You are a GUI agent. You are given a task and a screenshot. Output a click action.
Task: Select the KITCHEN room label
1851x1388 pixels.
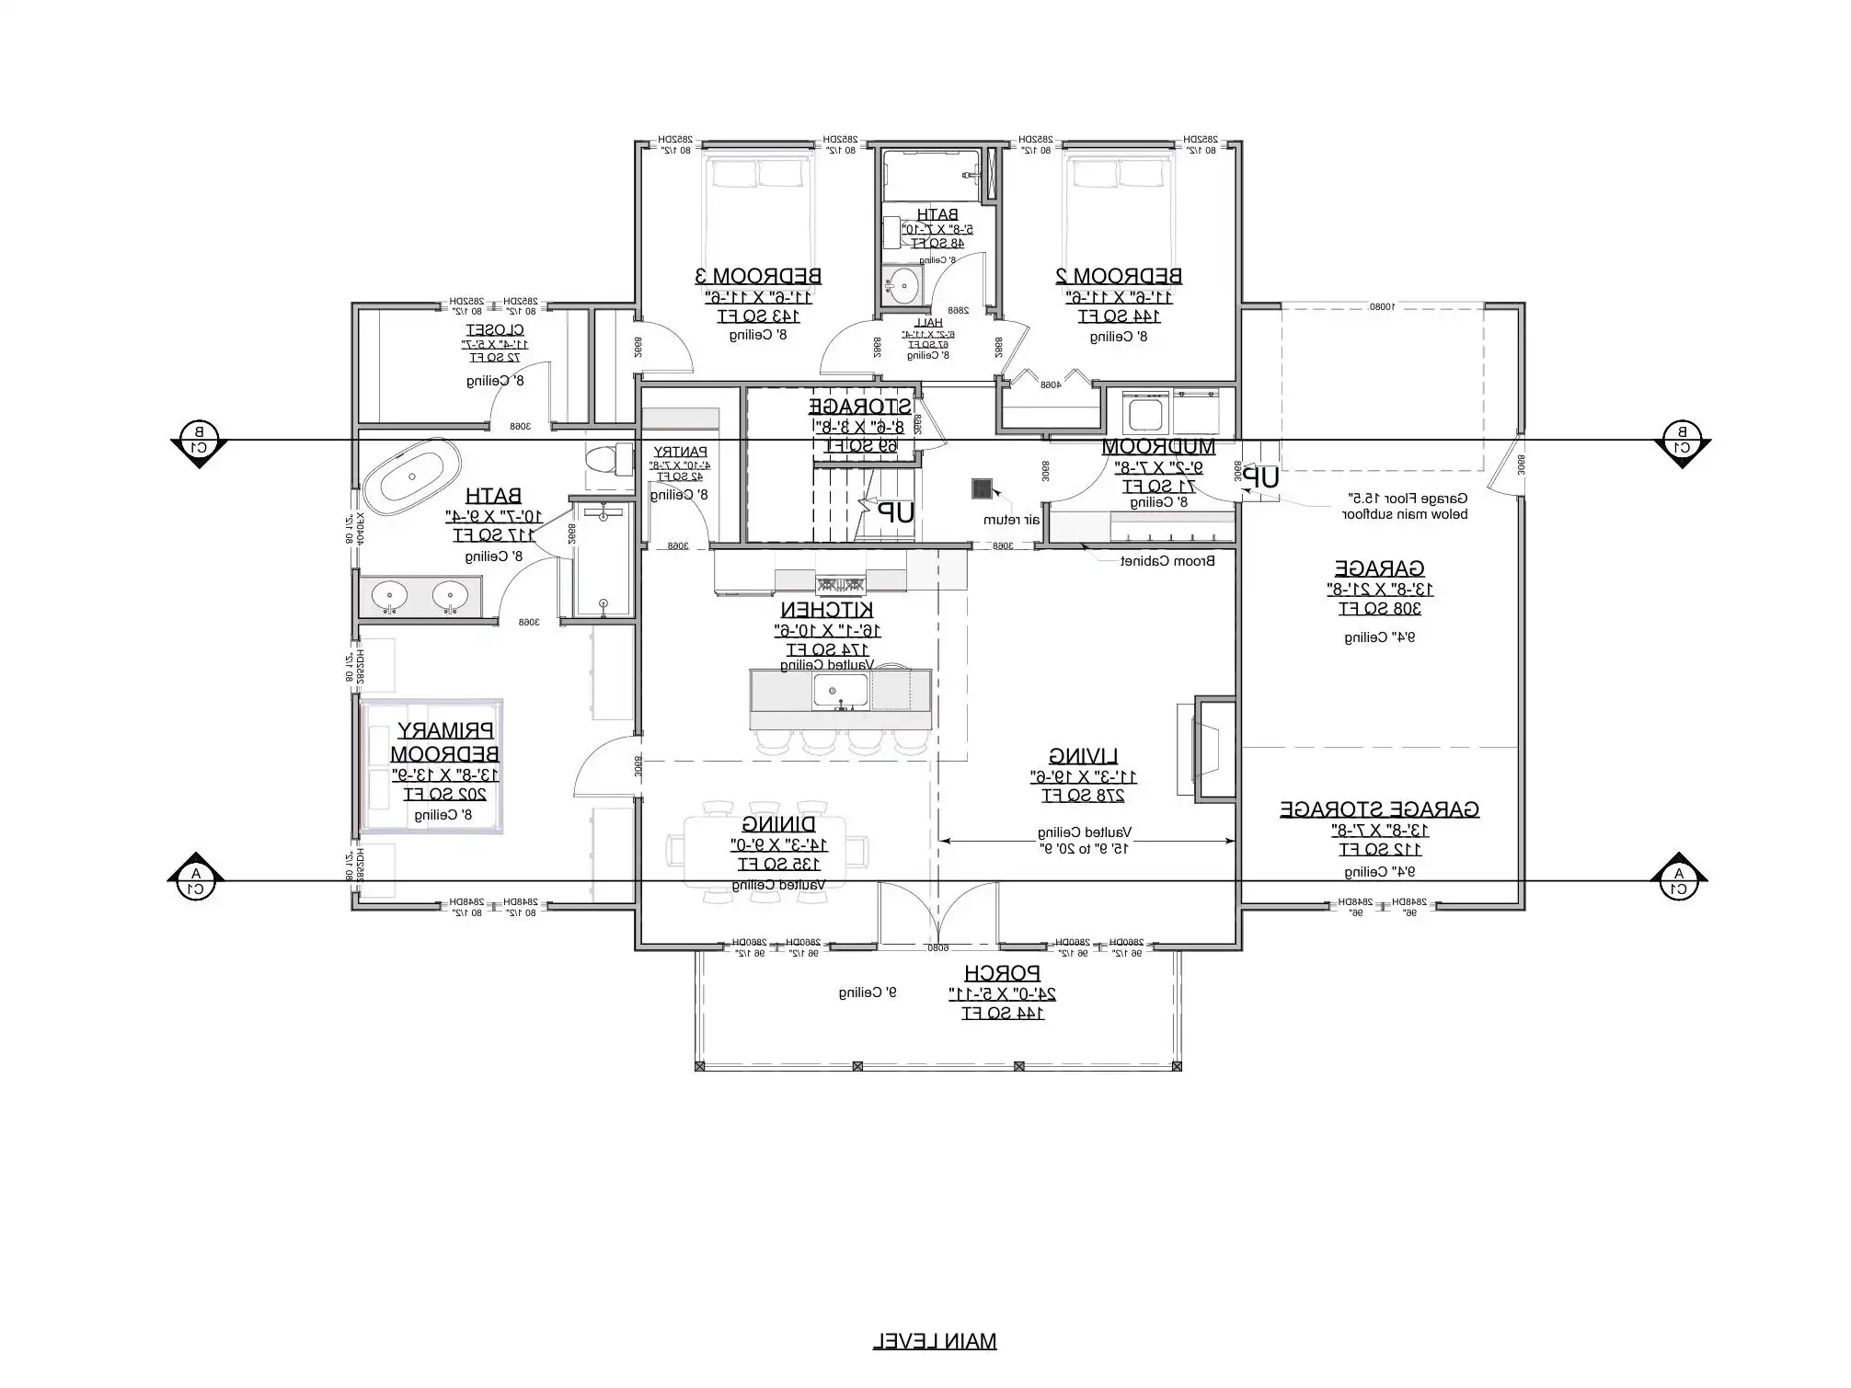point(827,610)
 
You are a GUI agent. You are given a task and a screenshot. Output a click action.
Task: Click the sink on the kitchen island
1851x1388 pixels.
point(840,691)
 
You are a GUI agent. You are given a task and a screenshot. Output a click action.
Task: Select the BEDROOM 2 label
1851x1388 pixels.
point(1119,275)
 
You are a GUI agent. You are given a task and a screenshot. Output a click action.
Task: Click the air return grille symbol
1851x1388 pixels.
point(983,488)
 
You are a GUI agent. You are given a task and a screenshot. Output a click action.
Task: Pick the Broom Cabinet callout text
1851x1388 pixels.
point(1167,561)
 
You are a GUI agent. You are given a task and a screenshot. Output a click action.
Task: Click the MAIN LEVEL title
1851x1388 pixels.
point(934,1341)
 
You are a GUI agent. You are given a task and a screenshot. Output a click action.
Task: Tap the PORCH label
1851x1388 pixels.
point(1002,972)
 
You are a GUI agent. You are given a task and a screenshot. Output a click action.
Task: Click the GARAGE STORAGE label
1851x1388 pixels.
point(1379,809)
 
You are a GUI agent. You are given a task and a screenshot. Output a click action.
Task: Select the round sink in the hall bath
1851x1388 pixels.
point(903,283)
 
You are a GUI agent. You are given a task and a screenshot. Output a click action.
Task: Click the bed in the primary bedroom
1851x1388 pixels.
point(431,766)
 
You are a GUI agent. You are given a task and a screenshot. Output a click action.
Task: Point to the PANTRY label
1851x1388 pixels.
point(680,452)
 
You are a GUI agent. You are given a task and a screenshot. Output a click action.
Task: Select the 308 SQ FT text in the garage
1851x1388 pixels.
point(1380,608)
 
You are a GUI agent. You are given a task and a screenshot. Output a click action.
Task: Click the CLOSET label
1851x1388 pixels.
point(495,329)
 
